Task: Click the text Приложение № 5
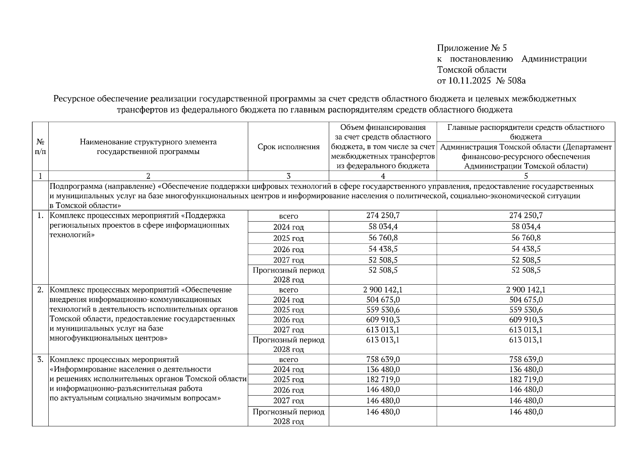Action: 472,48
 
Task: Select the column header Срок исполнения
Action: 288,147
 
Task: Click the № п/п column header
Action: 40,147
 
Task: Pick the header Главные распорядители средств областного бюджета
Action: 525,132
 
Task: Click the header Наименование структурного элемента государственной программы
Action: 148,147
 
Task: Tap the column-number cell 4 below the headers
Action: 383,176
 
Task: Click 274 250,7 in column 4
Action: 383,216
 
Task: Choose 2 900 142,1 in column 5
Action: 525,290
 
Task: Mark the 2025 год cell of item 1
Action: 288,238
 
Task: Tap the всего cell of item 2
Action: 288,290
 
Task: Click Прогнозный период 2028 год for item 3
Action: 288,416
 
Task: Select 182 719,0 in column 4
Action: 383,379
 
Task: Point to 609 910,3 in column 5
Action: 525,320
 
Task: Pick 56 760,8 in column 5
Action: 525,238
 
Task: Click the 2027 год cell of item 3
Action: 288,401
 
